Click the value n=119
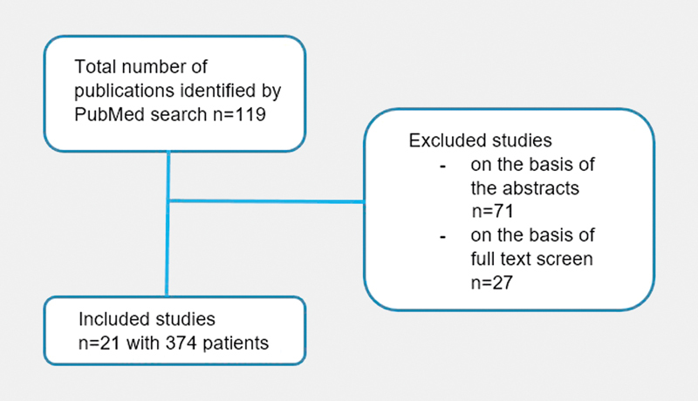[239, 114]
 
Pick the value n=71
[492, 211]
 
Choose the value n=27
[492, 282]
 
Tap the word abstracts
[541, 188]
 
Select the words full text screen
[532, 259]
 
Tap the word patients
[236, 343]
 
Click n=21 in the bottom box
[99, 343]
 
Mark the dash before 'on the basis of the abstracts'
[442, 167]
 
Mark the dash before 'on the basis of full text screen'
[442, 237]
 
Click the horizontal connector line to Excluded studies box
[266, 201]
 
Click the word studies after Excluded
[517, 140]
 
